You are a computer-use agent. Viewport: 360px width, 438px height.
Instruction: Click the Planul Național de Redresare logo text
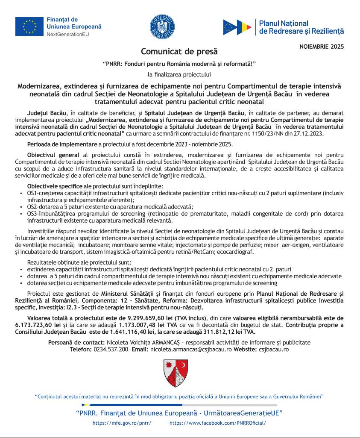pos(301,27)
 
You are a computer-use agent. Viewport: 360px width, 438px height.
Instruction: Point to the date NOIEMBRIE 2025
pos(322,46)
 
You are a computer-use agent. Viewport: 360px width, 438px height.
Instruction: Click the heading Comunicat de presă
pos(179,52)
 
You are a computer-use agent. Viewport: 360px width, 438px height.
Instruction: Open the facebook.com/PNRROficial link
pos(217,423)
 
